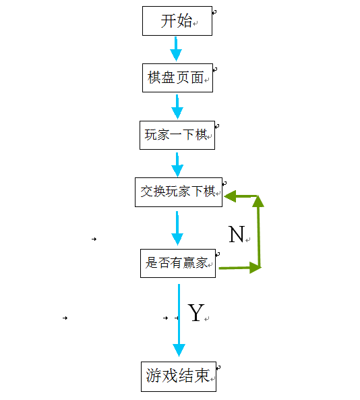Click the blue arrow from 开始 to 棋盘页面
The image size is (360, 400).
[x=176, y=49]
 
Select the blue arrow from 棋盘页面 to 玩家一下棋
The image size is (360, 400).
[x=177, y=107]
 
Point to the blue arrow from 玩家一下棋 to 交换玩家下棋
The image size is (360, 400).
[x=177, y=165]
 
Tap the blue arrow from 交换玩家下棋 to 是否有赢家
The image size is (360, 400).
[x=177, y=228]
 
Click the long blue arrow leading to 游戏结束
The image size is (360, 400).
[x=179, y=320]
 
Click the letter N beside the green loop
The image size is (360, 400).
[x=237, y=234]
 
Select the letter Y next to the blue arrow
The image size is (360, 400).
[x=196, y=312]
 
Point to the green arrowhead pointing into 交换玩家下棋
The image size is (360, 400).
[x=230, y=196]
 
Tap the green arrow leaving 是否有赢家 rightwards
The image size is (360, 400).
[x=239, y=268]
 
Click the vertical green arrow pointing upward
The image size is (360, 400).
[x=258, y=231]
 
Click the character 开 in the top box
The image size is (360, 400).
[x=168, y=21]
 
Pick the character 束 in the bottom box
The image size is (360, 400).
[x=202, y=376]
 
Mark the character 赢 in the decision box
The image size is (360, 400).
[x=189, y=262]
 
